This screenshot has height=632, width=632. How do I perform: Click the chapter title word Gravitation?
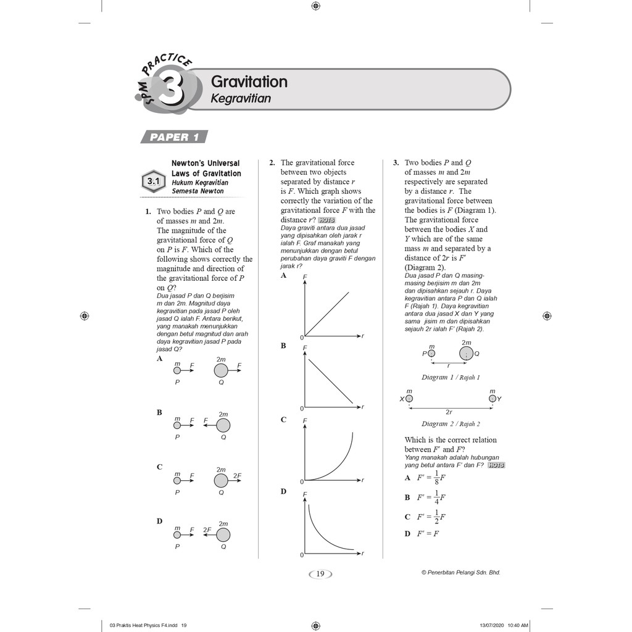[x=249, y=81]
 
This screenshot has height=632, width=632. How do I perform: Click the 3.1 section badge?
[x=152, y=182]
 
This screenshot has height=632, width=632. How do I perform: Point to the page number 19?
[x=320, y=574]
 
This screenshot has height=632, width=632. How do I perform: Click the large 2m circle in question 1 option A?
[x=221, y=370]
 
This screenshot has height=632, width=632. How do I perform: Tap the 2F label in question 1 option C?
[x=237, y=476]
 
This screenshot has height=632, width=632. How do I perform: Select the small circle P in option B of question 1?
[x=177, y=425]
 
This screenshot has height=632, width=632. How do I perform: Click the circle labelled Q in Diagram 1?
[x=467, y=354]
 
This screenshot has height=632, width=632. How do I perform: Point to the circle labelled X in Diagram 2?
[x=409, y=399]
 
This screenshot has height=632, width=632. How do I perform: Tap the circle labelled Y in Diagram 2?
[x=492, y=399]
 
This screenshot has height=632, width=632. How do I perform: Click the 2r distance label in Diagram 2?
[x=449, y=412]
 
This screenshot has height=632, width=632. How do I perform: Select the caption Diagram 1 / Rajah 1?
[x=450, y=377]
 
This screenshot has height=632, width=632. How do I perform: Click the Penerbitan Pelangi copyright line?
[x=460, y=572]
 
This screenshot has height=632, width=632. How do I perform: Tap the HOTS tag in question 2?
[x=326, y=220]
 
